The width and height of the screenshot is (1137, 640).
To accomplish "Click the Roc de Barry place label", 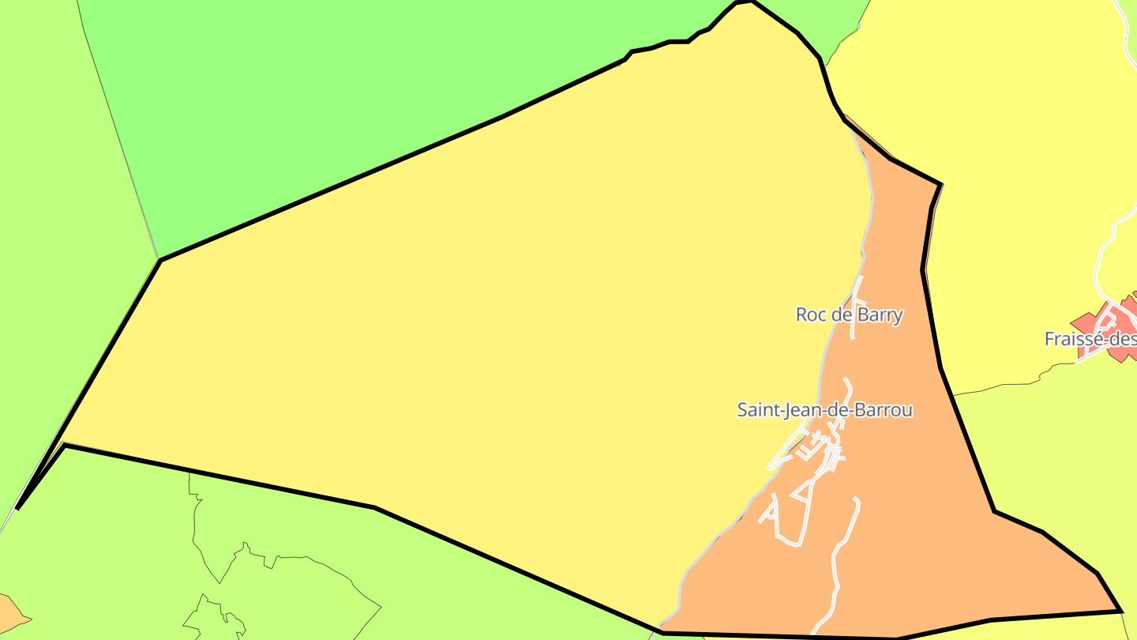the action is (849, 314).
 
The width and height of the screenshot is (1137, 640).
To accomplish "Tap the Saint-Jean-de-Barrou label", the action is (824, 410).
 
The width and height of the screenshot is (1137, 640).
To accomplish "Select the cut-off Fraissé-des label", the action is (1090, 339).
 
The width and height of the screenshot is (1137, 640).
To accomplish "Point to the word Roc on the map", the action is (810, 314).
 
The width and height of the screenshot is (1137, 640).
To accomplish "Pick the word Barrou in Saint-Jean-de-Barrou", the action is (884, 410).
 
